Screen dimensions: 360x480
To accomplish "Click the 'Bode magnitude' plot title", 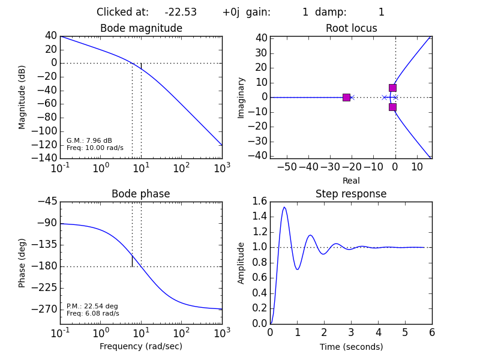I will (x=141, y=28).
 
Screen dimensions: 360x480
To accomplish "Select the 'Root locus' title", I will (x=351, y=28).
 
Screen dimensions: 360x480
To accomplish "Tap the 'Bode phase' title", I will (x=141, y=194).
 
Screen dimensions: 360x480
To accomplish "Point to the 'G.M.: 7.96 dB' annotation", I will (x=89, y=140).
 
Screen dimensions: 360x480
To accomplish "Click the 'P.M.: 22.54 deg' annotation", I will (x=92, y=306).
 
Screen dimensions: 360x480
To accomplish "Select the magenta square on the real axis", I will (x=346, y=97).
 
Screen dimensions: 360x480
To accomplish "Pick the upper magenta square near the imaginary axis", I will (x=392, y=88).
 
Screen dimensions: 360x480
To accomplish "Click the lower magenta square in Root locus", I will (x=392, y=107).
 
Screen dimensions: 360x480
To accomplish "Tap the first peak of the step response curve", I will (x=284, y=208).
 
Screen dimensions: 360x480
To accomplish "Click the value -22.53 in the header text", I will (x=181, y=12).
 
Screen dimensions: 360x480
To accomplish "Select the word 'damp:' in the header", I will (x=331, y=12).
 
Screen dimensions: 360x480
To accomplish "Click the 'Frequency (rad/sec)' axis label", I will (x=141, y=346).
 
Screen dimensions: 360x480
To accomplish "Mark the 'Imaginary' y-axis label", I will (x=241, y=97).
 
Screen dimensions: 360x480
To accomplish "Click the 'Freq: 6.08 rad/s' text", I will (x=92, y=313).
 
